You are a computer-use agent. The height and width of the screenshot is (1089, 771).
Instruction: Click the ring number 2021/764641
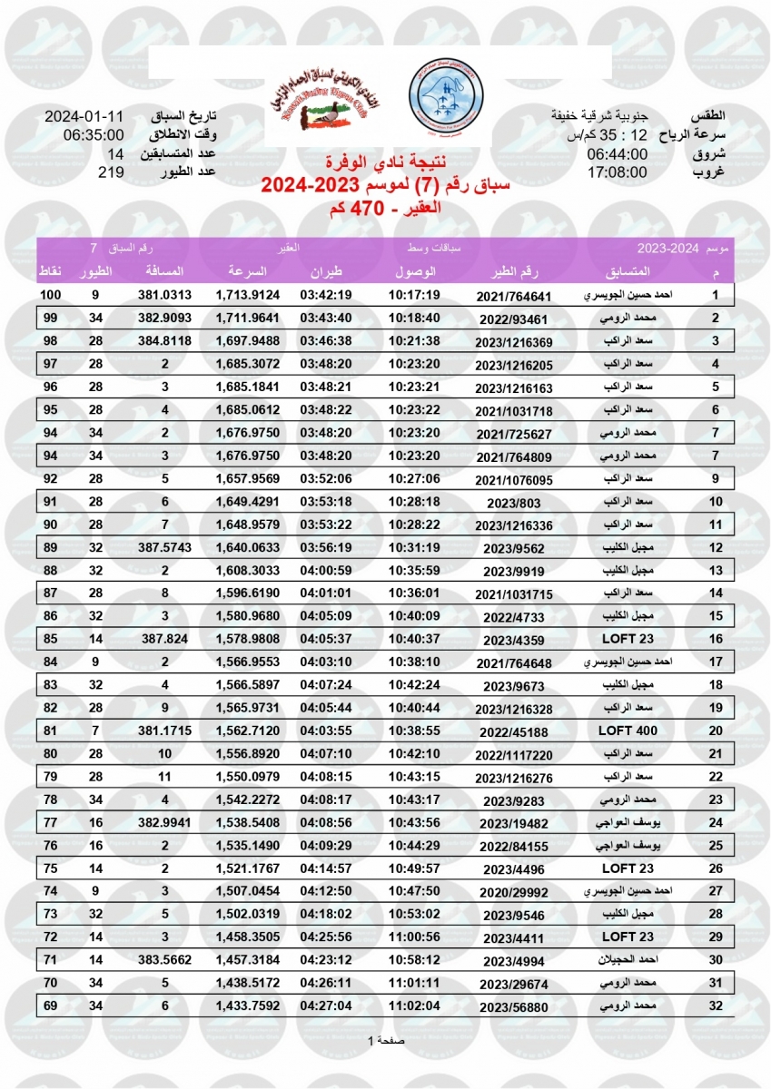[514, 297]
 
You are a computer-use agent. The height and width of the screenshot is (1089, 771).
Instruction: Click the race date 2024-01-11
[84, 118]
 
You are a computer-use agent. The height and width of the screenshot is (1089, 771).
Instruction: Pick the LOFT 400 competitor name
[628, 731]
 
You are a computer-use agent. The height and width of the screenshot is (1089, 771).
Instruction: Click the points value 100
[51, 295]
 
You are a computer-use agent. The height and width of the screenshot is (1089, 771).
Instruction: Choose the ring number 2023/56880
[514, 1006]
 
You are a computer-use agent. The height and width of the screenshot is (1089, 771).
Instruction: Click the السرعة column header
[245, 272]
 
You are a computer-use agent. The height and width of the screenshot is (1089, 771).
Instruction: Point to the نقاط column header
[49, 272]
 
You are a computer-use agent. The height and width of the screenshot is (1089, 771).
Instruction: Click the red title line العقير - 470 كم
[385, 208]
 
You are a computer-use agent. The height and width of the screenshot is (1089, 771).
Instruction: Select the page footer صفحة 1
[385, 1040]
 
